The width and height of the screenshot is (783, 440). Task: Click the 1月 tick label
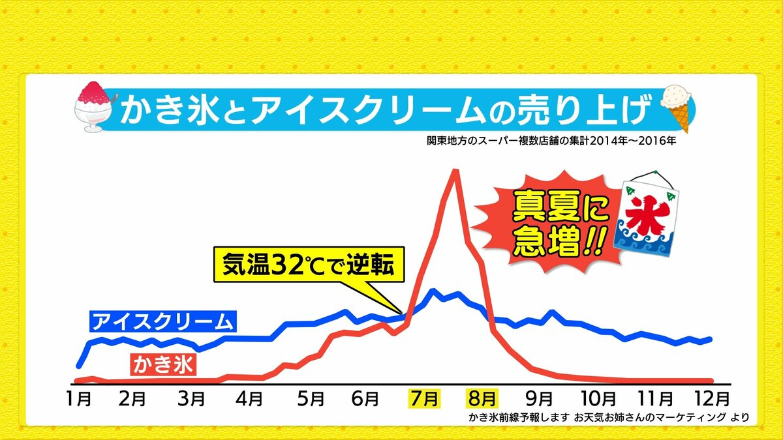(79, 398)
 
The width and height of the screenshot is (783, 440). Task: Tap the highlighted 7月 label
(424, 398)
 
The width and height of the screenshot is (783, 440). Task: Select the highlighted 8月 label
(483, 398)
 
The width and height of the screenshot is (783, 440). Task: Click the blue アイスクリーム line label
(162, 322)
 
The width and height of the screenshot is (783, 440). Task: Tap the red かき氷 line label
(164, 364)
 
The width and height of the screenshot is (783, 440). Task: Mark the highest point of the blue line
(431, 290)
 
